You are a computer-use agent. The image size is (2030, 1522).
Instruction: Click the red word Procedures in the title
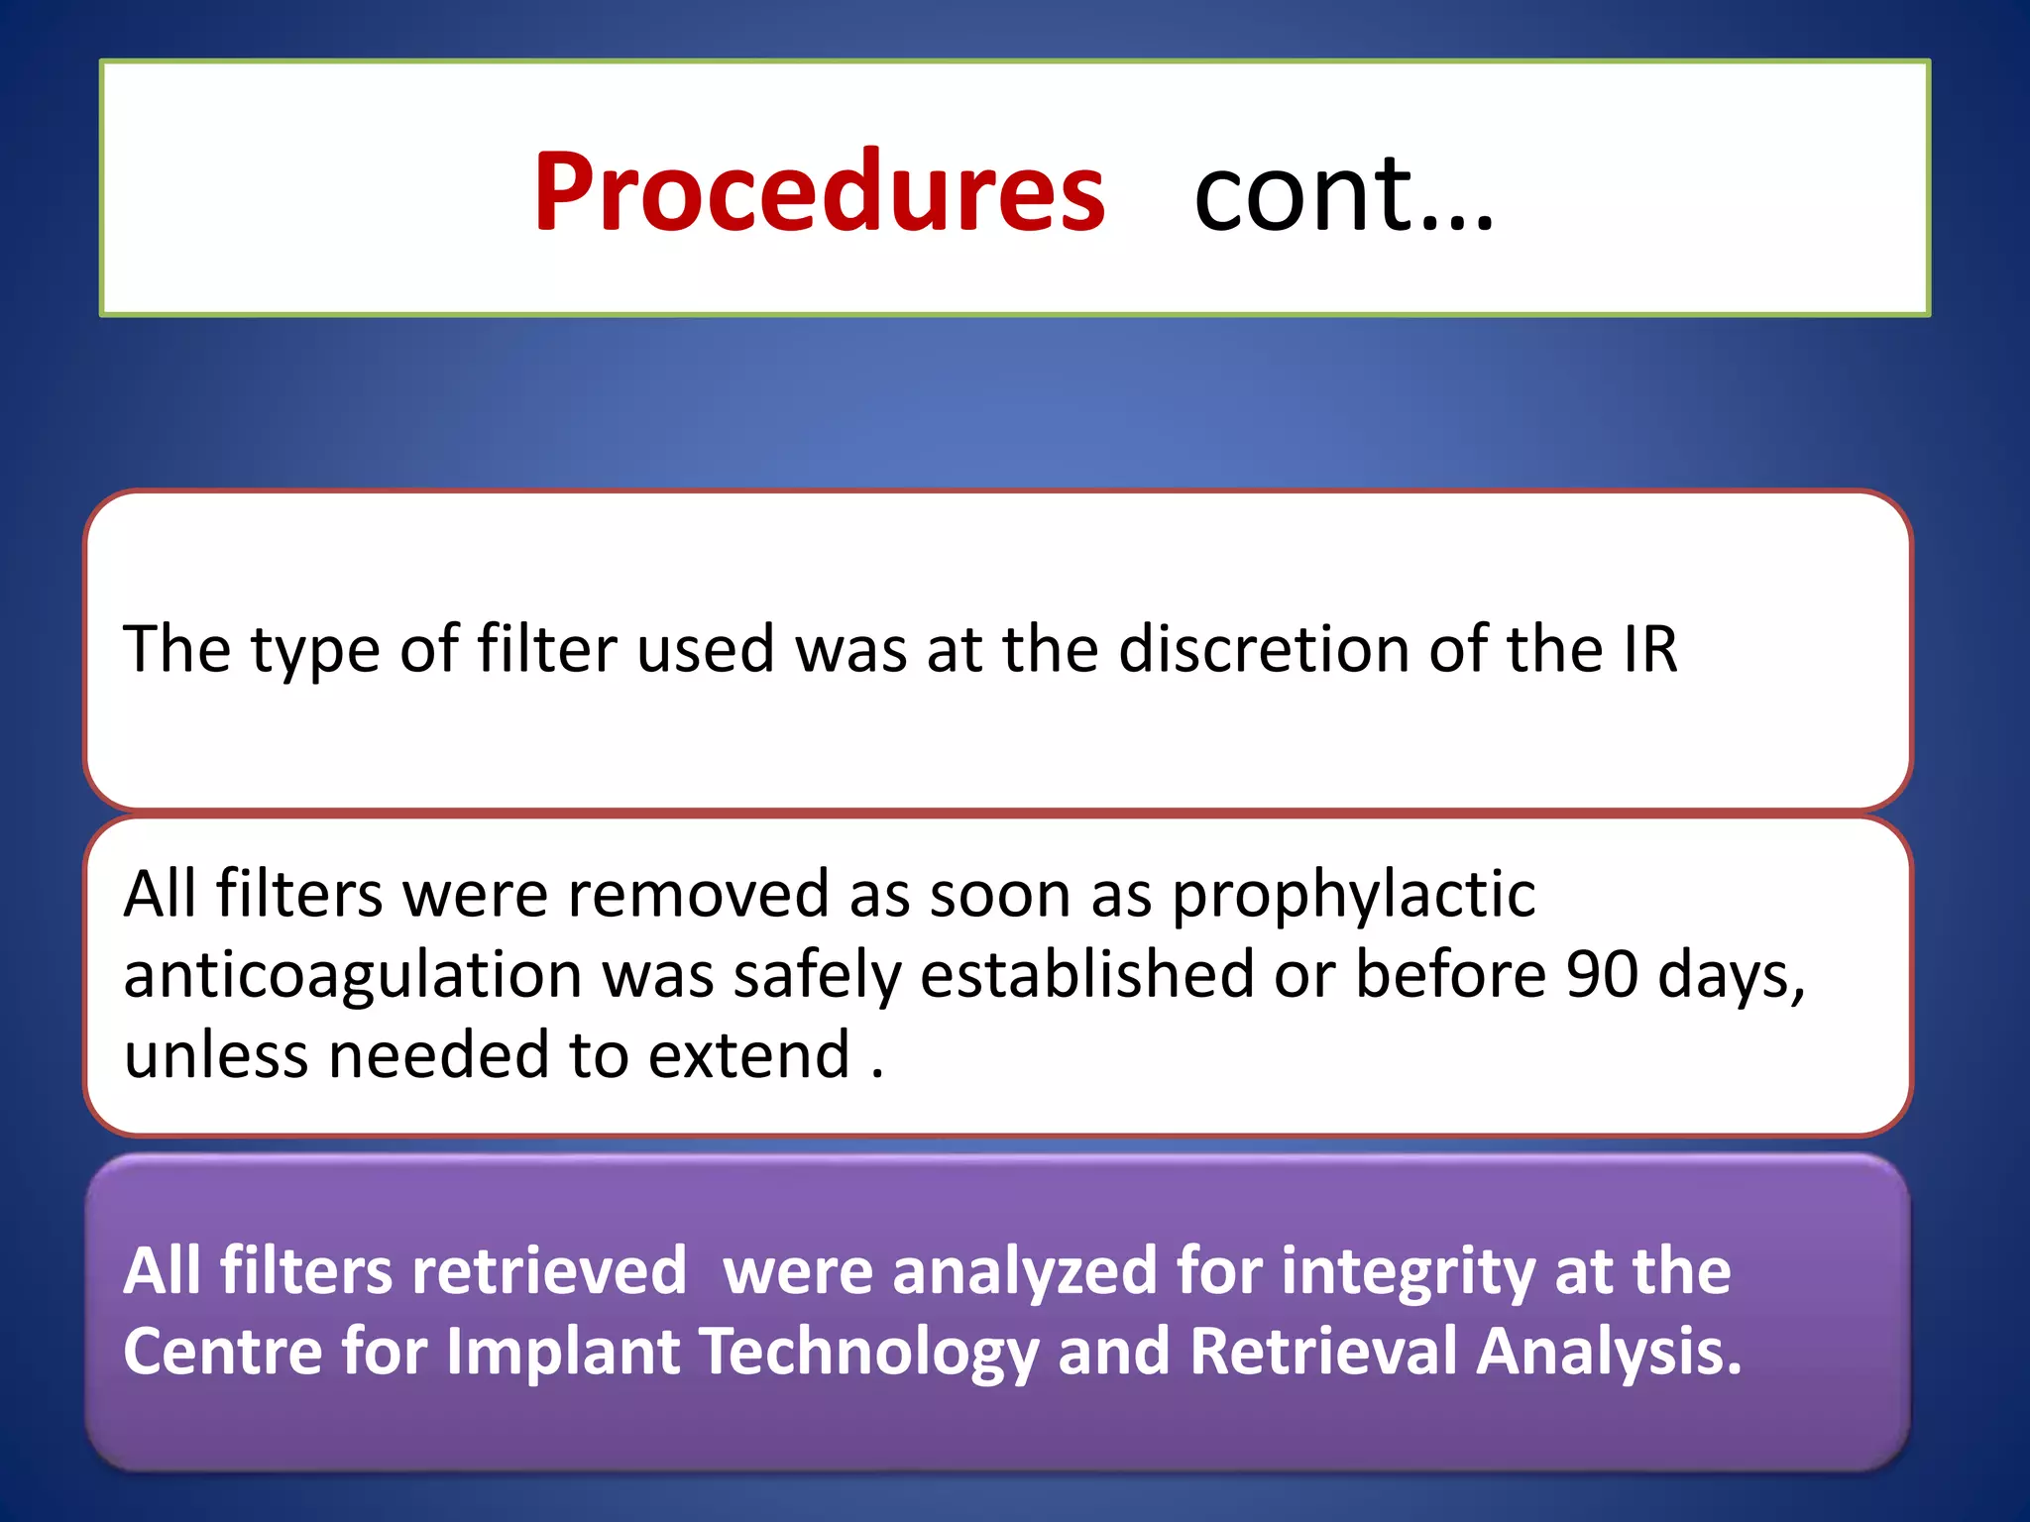pyautogui.click(x=819, y=192)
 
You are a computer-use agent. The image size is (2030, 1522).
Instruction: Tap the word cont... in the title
pyautogui.click(x=1343, y=192)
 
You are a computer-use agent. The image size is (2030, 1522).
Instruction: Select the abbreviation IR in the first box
pyautogui.click(x=1649, y=649)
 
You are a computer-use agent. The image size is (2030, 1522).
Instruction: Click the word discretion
pyautogui.click(x=1263, y=649)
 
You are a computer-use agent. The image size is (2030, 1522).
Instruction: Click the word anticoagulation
pyautogui.click(x=353, y=976)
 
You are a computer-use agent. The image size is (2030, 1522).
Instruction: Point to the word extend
pyautogui.click(x=749, y=1054)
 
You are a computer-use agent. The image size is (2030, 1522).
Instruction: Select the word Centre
pyautogui.click(x=223, y=1352)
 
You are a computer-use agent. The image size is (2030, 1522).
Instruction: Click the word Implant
pyautogui.click(x=562, y=1352)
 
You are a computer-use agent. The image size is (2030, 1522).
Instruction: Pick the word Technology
pyautogui.click(x=869, y=1354)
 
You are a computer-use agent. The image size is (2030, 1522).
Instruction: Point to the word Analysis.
pyautogui.click(x=1607, y=1354)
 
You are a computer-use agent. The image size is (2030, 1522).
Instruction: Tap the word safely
pyautogui.click(x=818, y=976)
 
